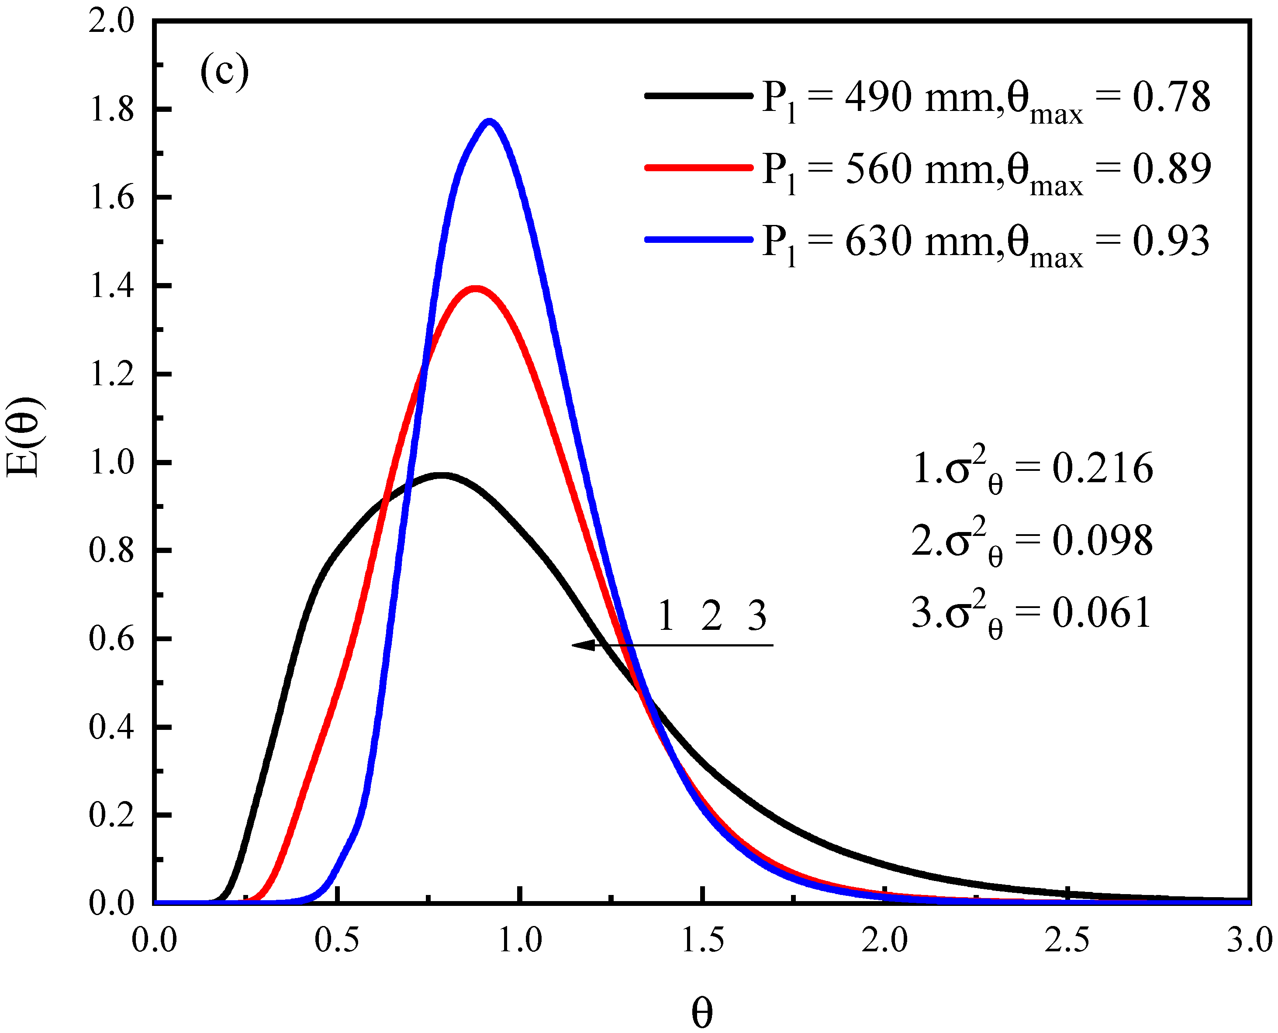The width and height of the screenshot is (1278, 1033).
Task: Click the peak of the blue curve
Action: coord(490,122)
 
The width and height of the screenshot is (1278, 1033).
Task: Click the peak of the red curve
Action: coord(475,289)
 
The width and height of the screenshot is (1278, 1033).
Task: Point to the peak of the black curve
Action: coord(441,475)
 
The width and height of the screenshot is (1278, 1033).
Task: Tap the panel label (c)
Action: coord(225,71)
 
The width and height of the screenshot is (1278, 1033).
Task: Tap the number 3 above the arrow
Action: coord(757,616)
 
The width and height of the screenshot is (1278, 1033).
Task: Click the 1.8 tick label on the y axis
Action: coord(112,110)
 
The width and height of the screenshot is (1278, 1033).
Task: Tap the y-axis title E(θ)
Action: coord(24,437)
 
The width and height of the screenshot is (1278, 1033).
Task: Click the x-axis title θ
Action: coord(702,1012)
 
